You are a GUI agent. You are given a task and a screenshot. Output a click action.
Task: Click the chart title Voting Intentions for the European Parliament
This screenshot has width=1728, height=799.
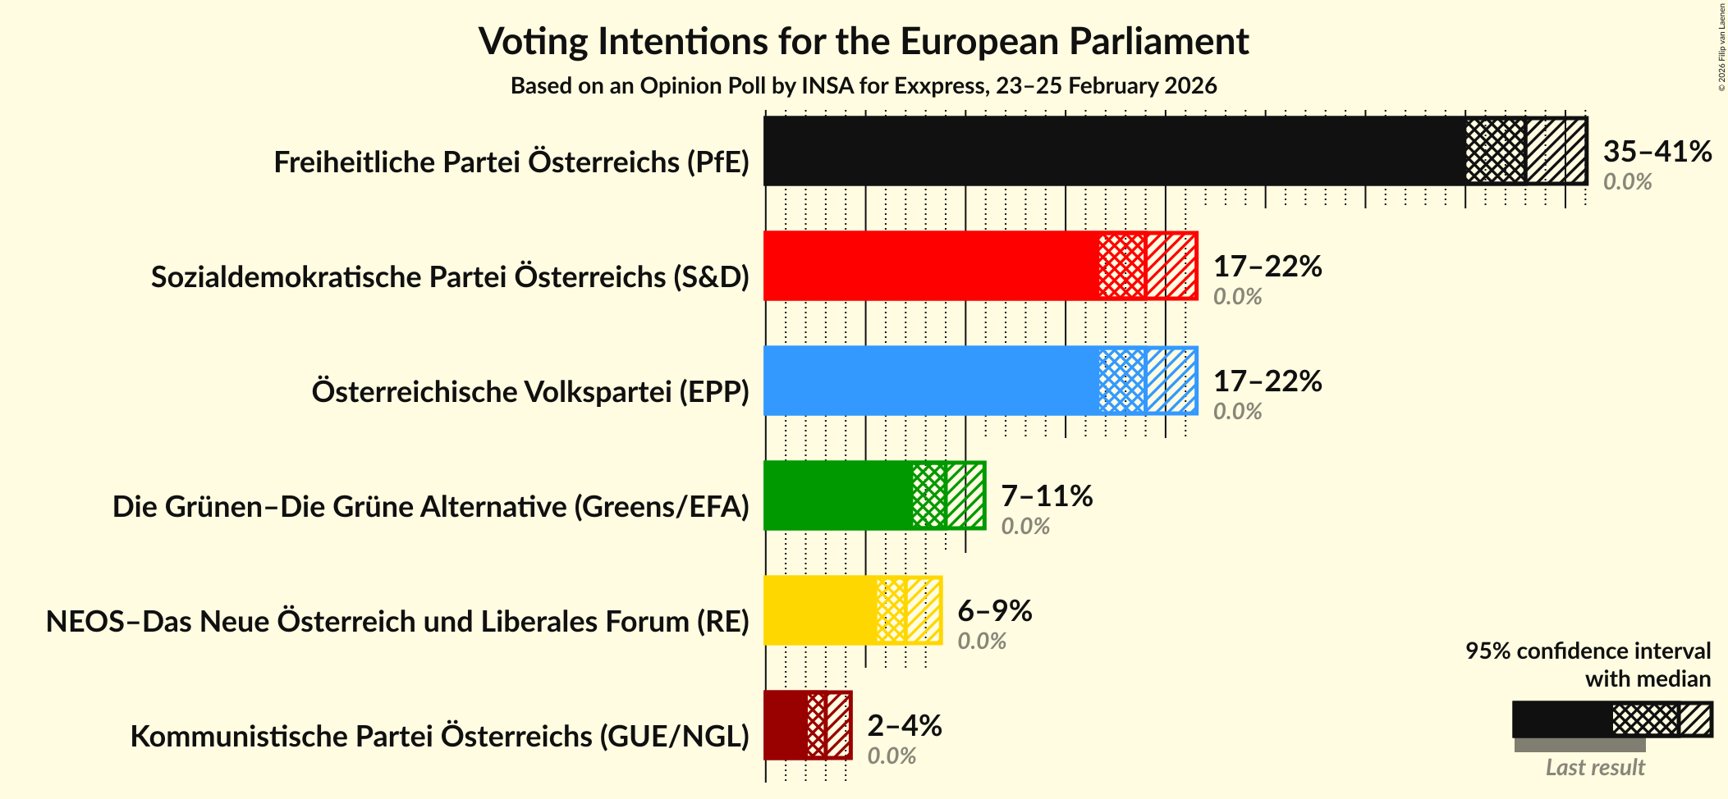click(863, 41)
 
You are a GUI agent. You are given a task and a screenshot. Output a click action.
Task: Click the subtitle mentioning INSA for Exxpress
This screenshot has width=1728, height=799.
click(863, 86)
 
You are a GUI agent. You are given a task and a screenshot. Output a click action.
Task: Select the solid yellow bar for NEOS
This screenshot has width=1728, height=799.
click(819, 610)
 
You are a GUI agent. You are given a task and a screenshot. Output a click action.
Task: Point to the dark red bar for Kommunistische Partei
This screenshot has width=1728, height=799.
click(785, 725)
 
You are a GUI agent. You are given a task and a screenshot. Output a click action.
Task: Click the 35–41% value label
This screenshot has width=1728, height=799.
click(1657, 152)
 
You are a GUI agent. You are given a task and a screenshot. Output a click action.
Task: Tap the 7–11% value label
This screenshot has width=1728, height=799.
click(1047, 496)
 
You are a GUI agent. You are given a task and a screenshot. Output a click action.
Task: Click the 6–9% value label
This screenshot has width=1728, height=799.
click(994, 611)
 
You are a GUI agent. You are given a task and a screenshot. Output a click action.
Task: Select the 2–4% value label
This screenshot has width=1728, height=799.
click(904, 726)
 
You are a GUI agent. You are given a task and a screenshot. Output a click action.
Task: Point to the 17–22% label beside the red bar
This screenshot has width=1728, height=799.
click(1267, 267)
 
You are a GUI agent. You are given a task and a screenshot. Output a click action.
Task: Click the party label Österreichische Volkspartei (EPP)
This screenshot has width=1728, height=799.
click(530, 392)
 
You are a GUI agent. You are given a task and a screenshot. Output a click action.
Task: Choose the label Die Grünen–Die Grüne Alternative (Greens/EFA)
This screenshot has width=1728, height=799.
click(431, 507)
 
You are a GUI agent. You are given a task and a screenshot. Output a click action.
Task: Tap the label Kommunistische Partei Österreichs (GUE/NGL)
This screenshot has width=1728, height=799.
click(440, 737)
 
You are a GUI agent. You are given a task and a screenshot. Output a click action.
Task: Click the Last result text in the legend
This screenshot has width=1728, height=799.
click(1594, 768)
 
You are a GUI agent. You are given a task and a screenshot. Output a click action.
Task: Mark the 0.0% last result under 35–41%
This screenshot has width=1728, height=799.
click(1627, 182)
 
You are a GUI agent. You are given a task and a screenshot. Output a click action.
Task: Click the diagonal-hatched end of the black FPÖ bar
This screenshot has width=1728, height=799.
click(1556, 151)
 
